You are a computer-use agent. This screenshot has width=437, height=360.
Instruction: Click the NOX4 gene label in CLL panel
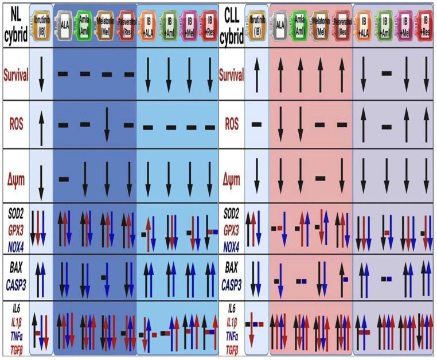pos(232,244)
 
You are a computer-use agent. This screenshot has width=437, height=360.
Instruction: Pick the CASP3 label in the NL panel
pos(15,280)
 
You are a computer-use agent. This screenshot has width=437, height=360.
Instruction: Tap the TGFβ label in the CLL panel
pos(232,347)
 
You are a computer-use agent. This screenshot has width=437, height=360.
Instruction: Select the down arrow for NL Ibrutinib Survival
pos(41,75)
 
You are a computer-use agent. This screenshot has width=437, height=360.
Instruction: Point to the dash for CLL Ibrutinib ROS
pos(256,123)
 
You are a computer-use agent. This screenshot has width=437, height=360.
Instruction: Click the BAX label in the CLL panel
pos(232,268)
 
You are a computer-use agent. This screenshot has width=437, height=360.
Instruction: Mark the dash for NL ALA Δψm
pos(64,178)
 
